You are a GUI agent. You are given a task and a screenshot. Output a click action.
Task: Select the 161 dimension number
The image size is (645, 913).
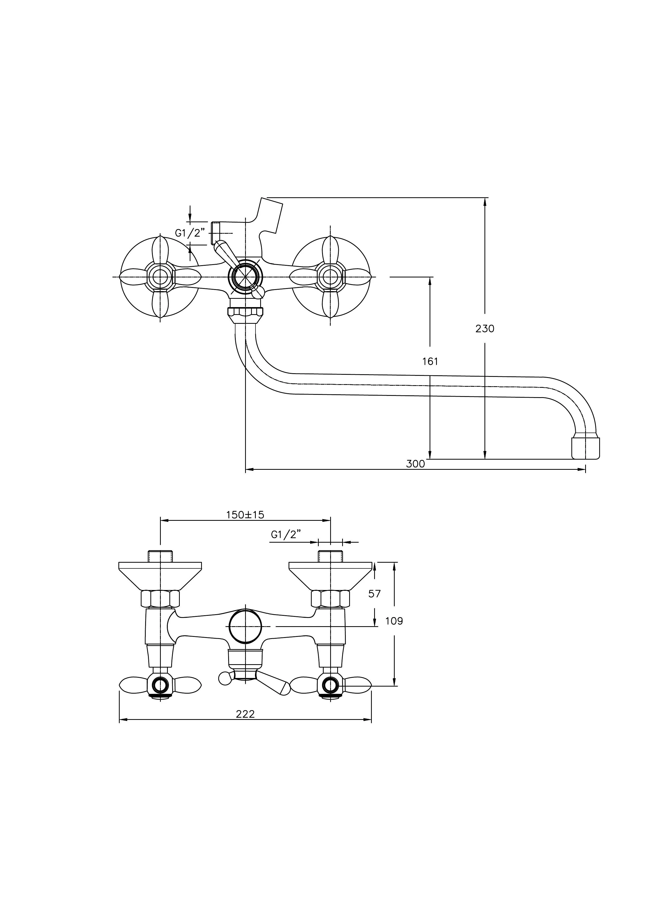click(430, 362)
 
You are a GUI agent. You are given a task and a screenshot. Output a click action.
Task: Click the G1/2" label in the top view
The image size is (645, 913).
click(190, 233)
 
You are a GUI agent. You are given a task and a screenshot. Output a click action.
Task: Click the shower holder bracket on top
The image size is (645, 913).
click(270, 217)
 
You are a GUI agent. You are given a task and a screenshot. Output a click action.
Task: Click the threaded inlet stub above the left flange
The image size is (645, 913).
click(160, 555)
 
